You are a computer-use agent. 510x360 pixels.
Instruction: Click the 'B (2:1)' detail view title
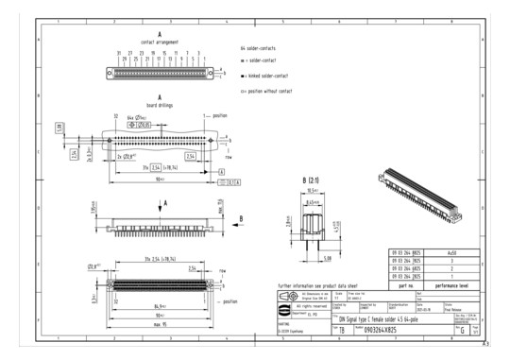pyautogui.click(x=314, y=180)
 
